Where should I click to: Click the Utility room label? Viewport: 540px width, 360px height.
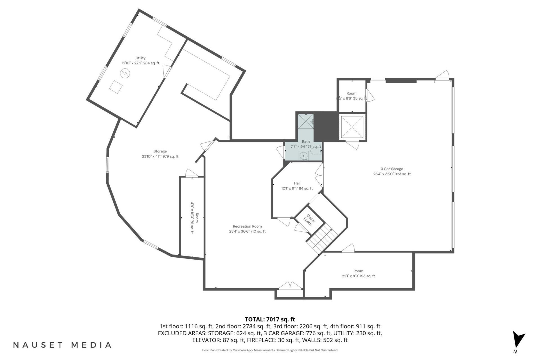(140, 58)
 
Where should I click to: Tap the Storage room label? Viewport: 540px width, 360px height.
(160, 151)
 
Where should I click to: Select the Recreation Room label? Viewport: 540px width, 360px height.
(247, 226)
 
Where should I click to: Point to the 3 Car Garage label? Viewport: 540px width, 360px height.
(392, 169)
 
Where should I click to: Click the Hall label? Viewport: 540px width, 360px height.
(297, 183)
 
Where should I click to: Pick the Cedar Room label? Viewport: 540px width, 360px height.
(309, 220)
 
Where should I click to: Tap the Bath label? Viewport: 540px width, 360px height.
(306, 141)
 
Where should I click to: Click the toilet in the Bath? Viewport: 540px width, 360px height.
(316, 152)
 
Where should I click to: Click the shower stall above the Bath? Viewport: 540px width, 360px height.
(305, 121)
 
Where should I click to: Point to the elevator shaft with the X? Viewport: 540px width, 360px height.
(352, 127)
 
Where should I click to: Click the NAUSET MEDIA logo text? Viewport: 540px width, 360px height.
(62, 345)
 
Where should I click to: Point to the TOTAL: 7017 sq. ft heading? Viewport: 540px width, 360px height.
(270, 319)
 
